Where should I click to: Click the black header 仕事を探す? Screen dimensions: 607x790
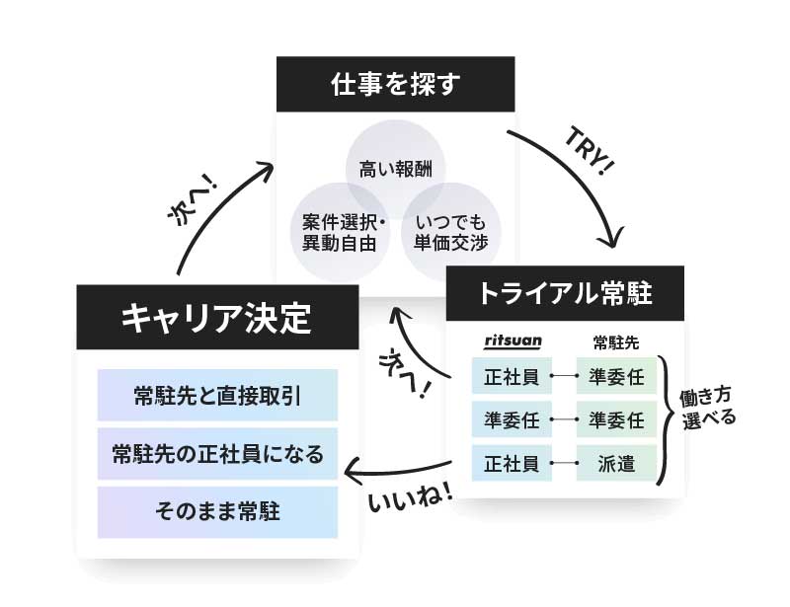pos(394,85)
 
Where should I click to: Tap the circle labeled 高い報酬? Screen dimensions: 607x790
pos(395,165)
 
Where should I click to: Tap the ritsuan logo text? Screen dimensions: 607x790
pos(513,341)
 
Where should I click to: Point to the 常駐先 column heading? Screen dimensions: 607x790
pos(616,342)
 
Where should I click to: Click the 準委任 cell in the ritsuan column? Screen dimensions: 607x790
pos(512,419)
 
